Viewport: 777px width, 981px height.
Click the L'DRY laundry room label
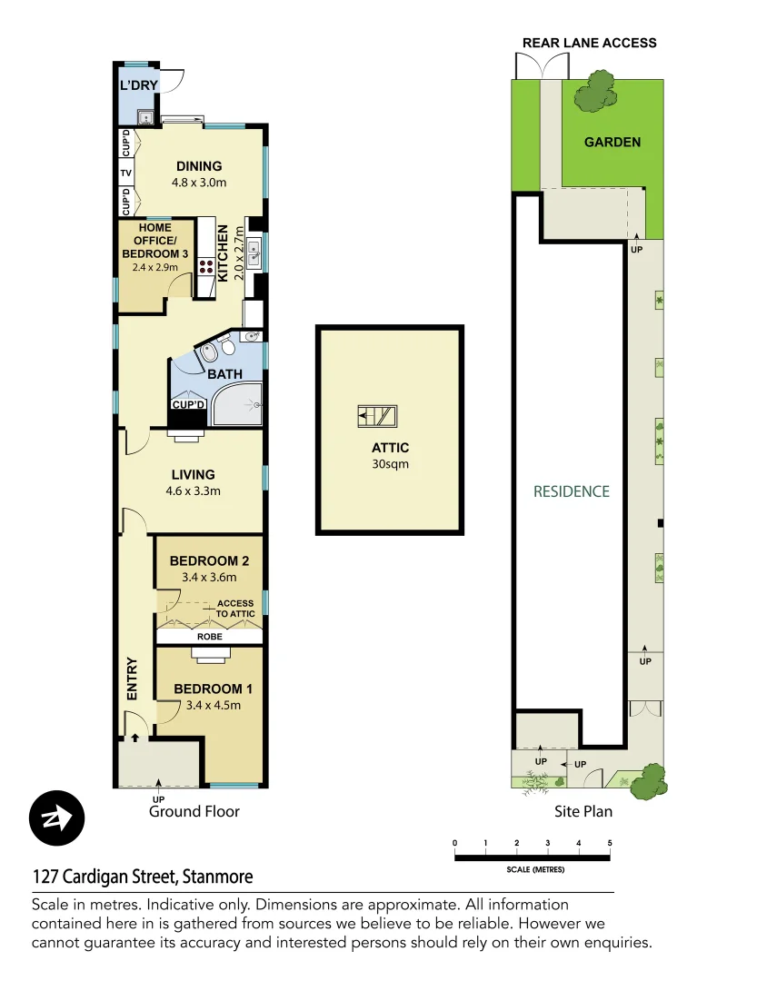coord(139,86)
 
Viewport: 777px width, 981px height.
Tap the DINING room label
coord(199,165)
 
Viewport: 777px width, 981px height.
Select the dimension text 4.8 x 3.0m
coord(199,183)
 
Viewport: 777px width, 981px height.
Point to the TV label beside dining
coord(126,173)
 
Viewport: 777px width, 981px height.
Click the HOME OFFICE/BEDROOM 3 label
coord(155,241)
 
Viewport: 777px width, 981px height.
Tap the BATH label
coord(224,374)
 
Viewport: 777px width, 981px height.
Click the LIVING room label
coord(194,474)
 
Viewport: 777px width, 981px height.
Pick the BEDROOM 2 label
coord(210,560)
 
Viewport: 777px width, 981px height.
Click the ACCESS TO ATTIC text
coord(235,609)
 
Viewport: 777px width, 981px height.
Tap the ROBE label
coord(210,637)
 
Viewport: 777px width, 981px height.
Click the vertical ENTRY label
coord(132,678)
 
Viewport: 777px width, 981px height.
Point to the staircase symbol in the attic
coord(376,417)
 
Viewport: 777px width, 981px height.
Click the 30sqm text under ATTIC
coord(390,464)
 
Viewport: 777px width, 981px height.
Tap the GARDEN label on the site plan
coord(612,142)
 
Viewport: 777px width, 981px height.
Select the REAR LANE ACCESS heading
coord(589,43)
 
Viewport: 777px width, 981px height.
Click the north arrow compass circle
coord(57,817)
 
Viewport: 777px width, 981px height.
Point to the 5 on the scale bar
coord(610,844)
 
